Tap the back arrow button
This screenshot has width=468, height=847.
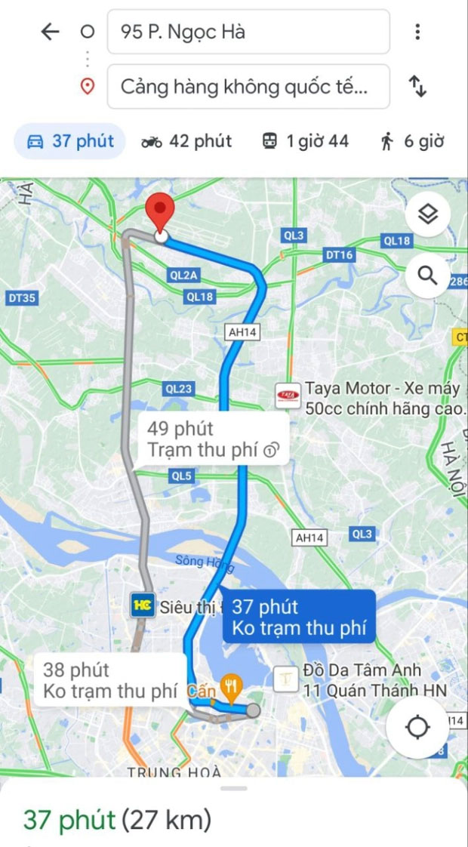pos(50,32)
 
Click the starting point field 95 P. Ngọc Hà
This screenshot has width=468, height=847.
pos(248,32)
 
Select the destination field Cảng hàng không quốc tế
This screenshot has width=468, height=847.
pos(248,86)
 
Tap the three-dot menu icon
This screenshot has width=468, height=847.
pos(417,32)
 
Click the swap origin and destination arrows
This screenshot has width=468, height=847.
pos(417,86)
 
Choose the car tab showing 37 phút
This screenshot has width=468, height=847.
pos(70,141)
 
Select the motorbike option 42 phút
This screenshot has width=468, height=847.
pos(186,141)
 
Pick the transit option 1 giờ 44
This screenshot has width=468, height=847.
pos(305,141)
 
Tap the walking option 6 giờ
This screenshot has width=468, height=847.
pos(411,141)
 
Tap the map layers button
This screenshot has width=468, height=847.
pos(428,215)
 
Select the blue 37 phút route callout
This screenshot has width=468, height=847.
pos(300,617)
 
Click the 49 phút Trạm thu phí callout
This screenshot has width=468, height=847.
pos(213,439)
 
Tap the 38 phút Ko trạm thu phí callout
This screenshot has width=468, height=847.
pos(110,679)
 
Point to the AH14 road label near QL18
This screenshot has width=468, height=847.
pos(242,331)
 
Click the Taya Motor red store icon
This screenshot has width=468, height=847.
pos(287,395)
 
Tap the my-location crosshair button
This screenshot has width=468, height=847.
pos(417,728)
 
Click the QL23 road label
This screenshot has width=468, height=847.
pos(178,389)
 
